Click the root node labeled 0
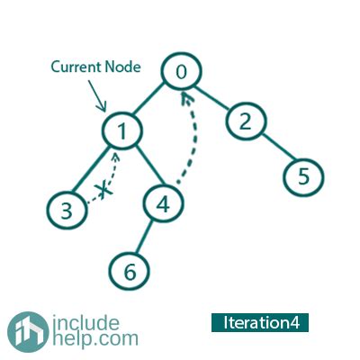coord(182,71)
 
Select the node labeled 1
coord(121,130)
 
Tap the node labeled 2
coord(246,121)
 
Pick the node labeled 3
coord(67,210)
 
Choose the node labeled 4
coord(163,204)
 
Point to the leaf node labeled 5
coord(303,176)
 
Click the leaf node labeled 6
coord(129,272)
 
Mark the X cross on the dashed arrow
coord(103,190)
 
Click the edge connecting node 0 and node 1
coord(148,99)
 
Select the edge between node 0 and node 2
coord(213,98)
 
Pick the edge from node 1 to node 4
coord(150,166)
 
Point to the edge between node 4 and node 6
coord(144,237)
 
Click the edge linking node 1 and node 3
coord(91,169)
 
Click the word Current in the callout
coord(76,67)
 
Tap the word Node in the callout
coord(122,67)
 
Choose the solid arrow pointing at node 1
coord(96,96)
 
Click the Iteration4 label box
coord(260,322)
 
